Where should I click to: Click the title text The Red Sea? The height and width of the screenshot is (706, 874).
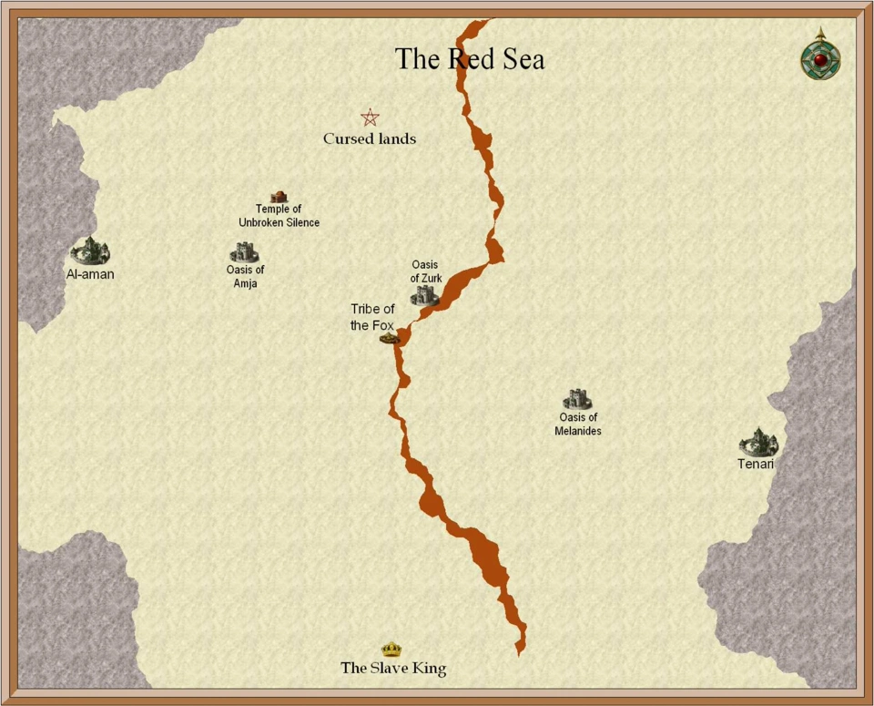pyautogui.click(x=470, y=59)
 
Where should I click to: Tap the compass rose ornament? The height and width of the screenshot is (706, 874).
pyautogui.click(x=820, y=56)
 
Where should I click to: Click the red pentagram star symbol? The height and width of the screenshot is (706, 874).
pyautogui.click(x=370, y=118)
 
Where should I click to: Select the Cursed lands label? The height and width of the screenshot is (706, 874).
pyautogui.click(x=370, y=139)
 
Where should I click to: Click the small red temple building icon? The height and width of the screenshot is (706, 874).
pyautogui.click(x=279, y=196)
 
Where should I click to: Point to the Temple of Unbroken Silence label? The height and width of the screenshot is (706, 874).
pyautogui.click(x=279, y=216)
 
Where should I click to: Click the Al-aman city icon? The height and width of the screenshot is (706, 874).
pyautogui.click(x=90, y=251)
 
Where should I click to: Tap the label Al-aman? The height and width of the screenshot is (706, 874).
pyautogui.click(x=90, y=273)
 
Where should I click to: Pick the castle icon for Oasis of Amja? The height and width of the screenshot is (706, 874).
pyautogui.click(x=244, y=251)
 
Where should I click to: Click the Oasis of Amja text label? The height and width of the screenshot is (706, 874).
pyautogui.click(x=245, y=276)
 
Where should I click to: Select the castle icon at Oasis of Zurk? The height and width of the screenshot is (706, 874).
pyautogui.click(x=424, y=294)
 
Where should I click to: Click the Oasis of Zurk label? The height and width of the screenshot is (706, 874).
pyautogui.click(x=425, y=271)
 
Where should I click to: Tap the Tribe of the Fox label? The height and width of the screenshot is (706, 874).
pyautogui.click(x=372, y=317)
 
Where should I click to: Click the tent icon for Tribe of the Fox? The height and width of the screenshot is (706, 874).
pyautogui.click(x=391, y=338)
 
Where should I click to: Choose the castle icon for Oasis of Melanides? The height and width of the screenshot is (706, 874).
pyautogui.click(x=577, y=398)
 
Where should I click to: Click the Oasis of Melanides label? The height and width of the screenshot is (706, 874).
pyautogui.click(x=578, y=425)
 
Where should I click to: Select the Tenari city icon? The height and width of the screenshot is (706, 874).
pyautogui.click(x=758, y=442)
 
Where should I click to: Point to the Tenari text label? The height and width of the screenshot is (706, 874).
pyautogui.click(x=756, y=465)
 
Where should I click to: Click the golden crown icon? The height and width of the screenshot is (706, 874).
pyautogui.click(x=391, y=650)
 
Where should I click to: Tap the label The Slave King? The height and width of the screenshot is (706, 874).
pyautogui.click(x=393, y=669)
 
